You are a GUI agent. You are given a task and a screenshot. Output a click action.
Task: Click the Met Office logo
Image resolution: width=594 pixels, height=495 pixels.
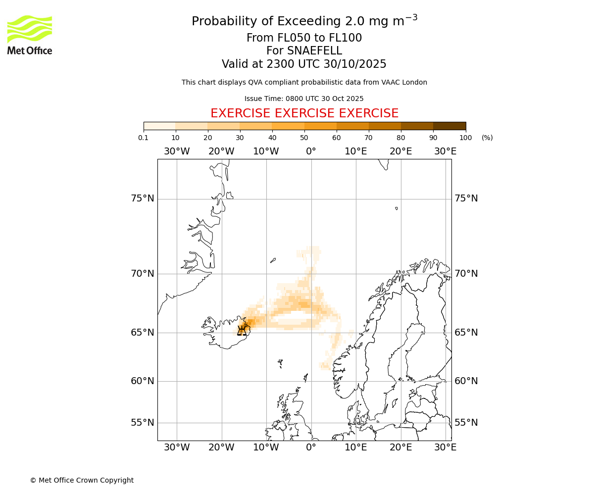pyautogui.click(x=30, y=35)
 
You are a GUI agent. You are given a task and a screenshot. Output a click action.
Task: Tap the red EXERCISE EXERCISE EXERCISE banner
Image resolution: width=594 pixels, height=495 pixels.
pyautogui.click(x=304, y=113)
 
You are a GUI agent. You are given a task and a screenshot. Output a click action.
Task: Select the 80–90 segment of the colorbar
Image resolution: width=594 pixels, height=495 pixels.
pyautogui.click(x=417, y=126)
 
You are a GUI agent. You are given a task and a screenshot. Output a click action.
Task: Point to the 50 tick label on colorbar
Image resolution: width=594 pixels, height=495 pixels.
pyautogui.click(x=304, y=138)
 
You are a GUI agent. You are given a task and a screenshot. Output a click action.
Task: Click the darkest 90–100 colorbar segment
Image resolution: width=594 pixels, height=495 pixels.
pyautogui.click(x=449, y=126)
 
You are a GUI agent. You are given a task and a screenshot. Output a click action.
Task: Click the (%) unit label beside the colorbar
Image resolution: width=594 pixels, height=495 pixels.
pyautogui.click(x=487, y=138)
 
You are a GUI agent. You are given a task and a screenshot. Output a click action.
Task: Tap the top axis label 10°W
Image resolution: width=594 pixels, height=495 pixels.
pyautogui.click(x=266, y=151)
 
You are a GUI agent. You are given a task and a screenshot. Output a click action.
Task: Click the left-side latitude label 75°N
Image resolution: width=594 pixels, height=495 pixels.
pyautogui.click(x=143, y=198)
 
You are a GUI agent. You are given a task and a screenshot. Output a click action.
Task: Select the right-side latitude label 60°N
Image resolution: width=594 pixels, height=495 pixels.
pyautogui.click(x=466, y=381)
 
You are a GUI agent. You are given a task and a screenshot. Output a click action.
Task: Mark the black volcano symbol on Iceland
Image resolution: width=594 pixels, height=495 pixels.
pyautogui.click(x=242, y=330)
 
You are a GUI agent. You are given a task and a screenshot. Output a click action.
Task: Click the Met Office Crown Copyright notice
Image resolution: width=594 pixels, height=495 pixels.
pyautogui.click(x=82, y=480)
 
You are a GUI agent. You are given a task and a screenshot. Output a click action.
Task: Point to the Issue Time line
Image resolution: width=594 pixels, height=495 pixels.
pyautogui.click(x=304, y=99)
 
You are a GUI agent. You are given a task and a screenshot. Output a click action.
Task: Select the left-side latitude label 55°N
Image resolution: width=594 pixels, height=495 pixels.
pyautogui.click(x=143, y=423)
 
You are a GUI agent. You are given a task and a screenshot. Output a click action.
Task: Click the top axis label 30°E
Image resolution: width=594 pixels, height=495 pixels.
pyautogui.click(x=445, y=151)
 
